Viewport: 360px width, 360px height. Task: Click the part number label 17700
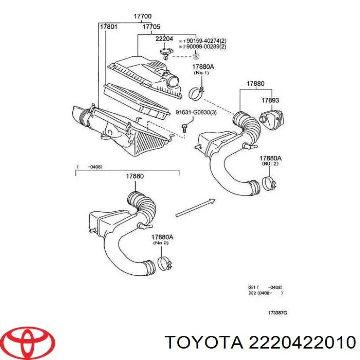tap(142, 16)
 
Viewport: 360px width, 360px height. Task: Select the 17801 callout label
tap(108, 27)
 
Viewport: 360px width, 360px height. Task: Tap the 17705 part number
tap(151, 27)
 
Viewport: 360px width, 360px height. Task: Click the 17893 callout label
tap(270, 100)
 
